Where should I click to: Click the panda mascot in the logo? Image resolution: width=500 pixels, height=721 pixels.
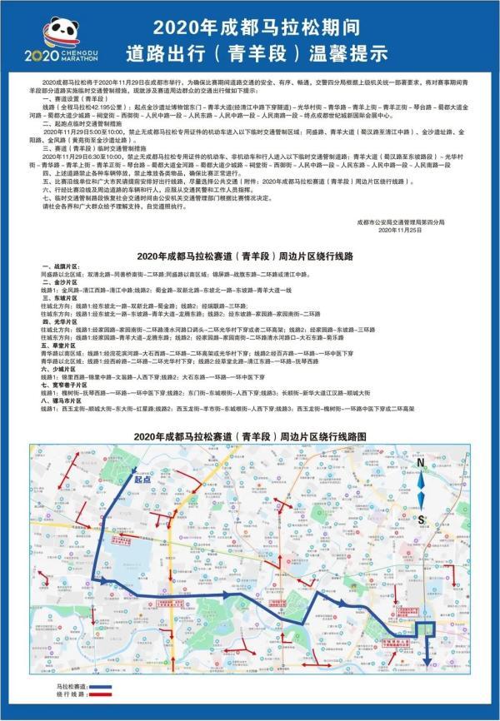coord(58,33)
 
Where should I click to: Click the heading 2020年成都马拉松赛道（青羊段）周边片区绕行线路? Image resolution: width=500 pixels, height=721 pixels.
coord(249,257)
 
